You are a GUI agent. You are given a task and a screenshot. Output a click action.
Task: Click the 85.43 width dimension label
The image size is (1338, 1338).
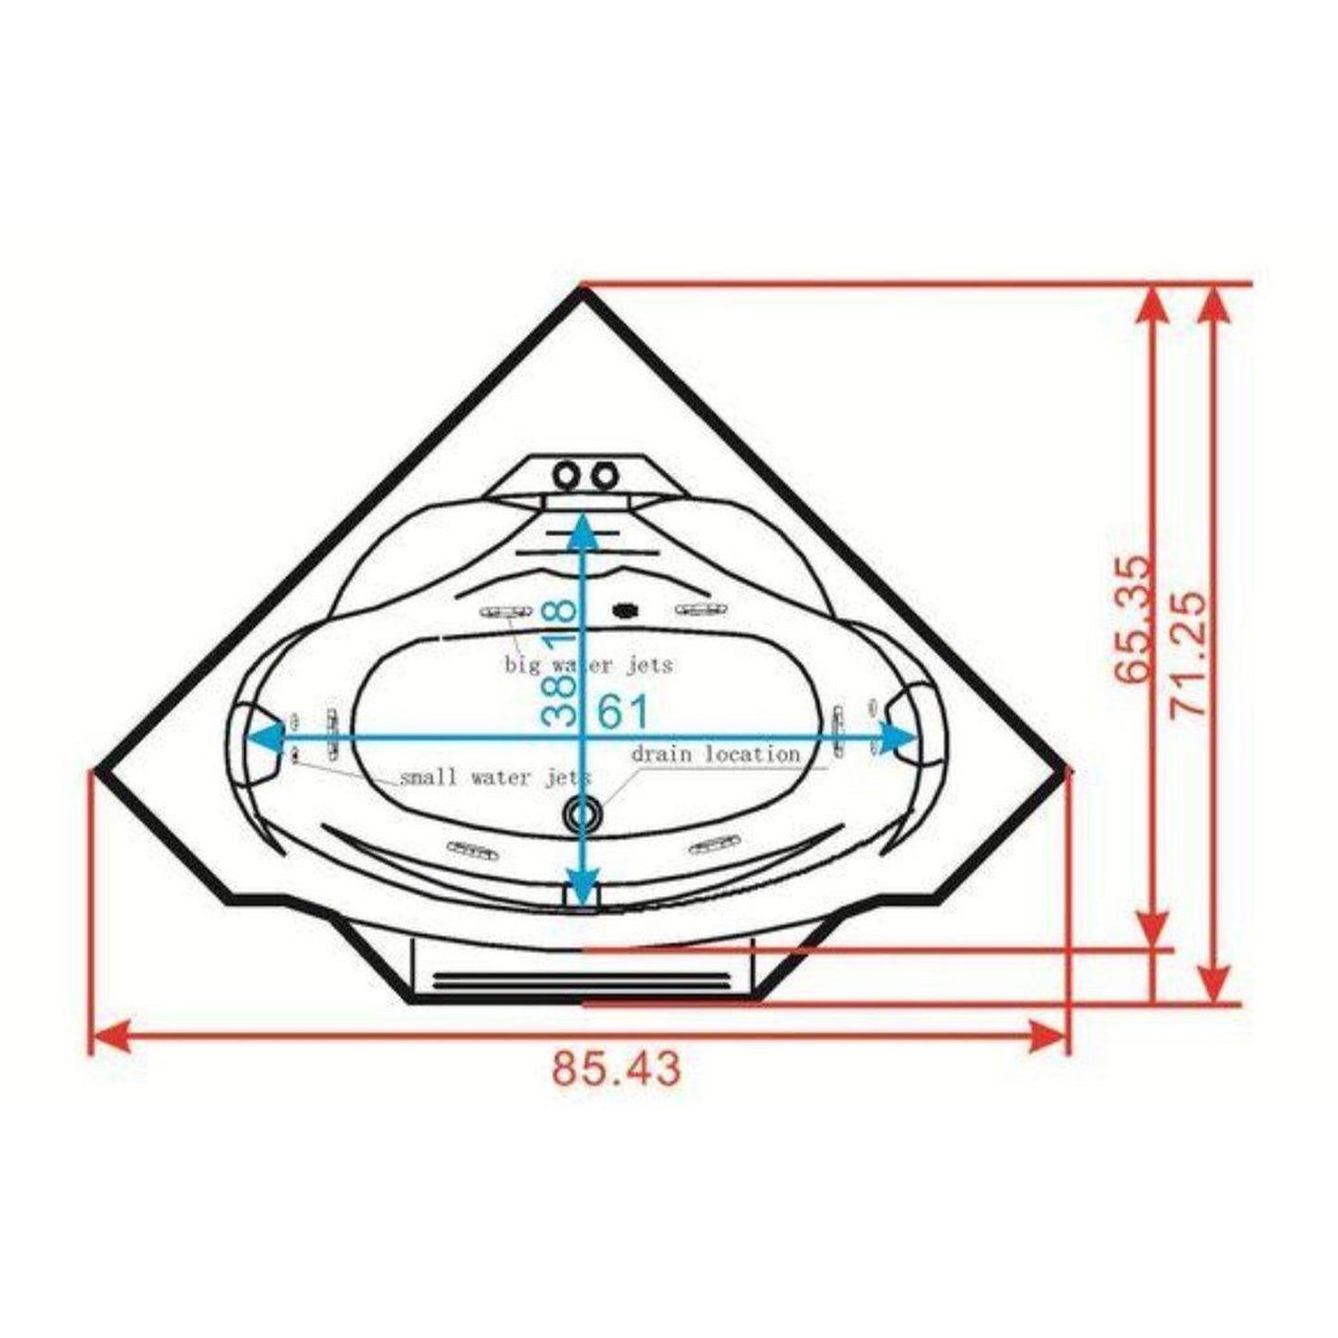tap(617, 1068)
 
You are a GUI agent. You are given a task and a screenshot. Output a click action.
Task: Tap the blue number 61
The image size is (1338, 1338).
tap(623, 712)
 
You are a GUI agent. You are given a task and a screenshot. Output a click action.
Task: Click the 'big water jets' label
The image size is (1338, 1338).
tap(589, 665)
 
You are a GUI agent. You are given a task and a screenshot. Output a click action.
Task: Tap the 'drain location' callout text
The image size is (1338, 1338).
tap(716, 754)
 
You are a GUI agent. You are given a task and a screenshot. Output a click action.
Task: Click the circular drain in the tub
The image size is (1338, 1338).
tap(583, 814)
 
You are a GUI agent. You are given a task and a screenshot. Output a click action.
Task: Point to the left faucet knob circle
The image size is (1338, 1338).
tap(565, 476)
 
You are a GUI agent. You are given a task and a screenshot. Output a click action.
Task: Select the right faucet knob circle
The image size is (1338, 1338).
tap(605, 476)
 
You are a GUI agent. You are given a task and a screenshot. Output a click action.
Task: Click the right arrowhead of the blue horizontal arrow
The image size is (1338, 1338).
tap(898, 737)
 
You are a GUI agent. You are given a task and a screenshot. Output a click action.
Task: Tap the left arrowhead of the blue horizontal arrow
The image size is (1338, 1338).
tap(263, 737)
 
